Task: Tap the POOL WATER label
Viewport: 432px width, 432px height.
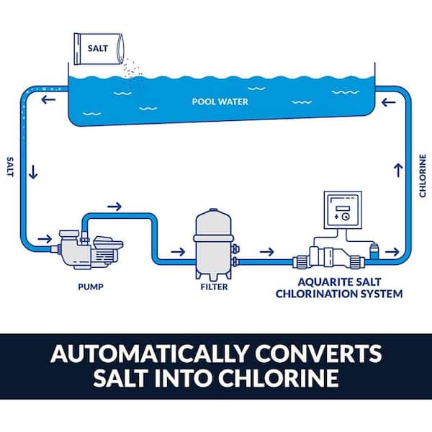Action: tap(220, 102)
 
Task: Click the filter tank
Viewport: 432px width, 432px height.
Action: tap(212, 242)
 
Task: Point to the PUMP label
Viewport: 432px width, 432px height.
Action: tap(91, 287)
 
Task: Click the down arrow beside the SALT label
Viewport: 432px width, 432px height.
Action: tap(33, 174)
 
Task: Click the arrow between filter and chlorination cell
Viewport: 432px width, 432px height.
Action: tap(266, 252)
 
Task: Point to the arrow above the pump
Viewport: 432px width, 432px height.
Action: tap(114, 206)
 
